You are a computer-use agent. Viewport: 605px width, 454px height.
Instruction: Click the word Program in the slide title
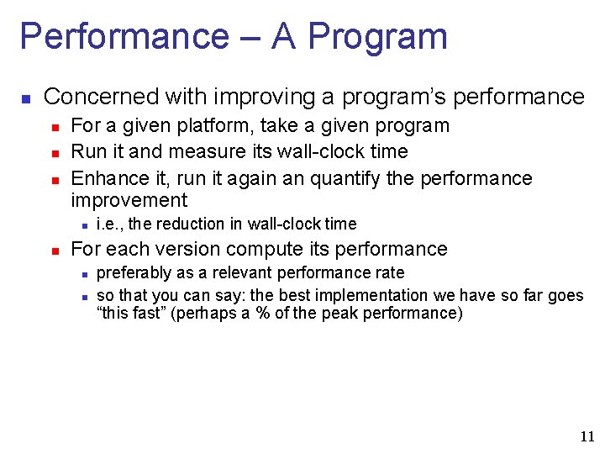pyautogui.click(x=377, y=37)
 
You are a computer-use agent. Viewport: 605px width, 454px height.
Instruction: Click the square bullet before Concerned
pyautogui.click(x=25, y=98)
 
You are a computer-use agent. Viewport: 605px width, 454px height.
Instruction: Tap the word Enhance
pyautogui.click(x=106, y=178)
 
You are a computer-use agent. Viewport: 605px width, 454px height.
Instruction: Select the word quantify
pyautogui.click(x=347, y=178)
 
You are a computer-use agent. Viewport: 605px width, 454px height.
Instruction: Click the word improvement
pyautogui.click(x=129, y=200)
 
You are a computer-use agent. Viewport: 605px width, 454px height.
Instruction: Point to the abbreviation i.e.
pyautogui.click(x=110, y=224)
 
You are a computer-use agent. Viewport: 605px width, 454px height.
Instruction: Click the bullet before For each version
pyautogui.click(x=53, y=250)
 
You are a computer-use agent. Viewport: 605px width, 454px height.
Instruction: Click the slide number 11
pyautogui.click(x=586, y=436)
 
